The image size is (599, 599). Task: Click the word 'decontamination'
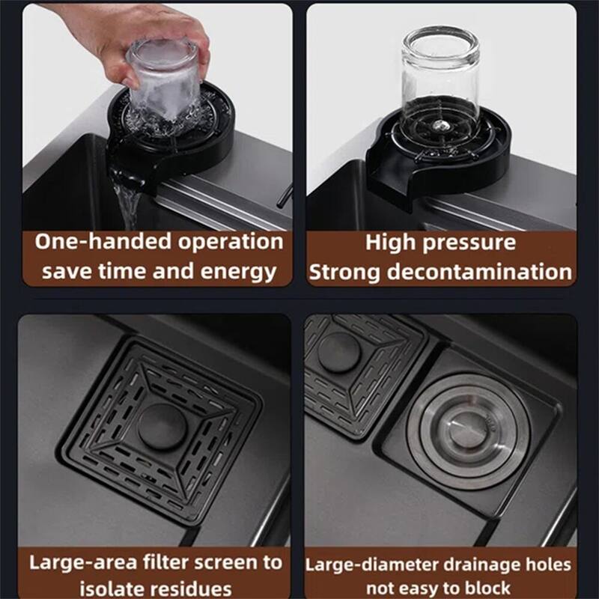point(479,272)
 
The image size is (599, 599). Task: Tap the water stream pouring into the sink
point(127,204)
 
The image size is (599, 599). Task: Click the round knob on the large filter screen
point(162,426)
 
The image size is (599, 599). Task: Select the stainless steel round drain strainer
point(469,432)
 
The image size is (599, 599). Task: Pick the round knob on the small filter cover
point(339,351)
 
